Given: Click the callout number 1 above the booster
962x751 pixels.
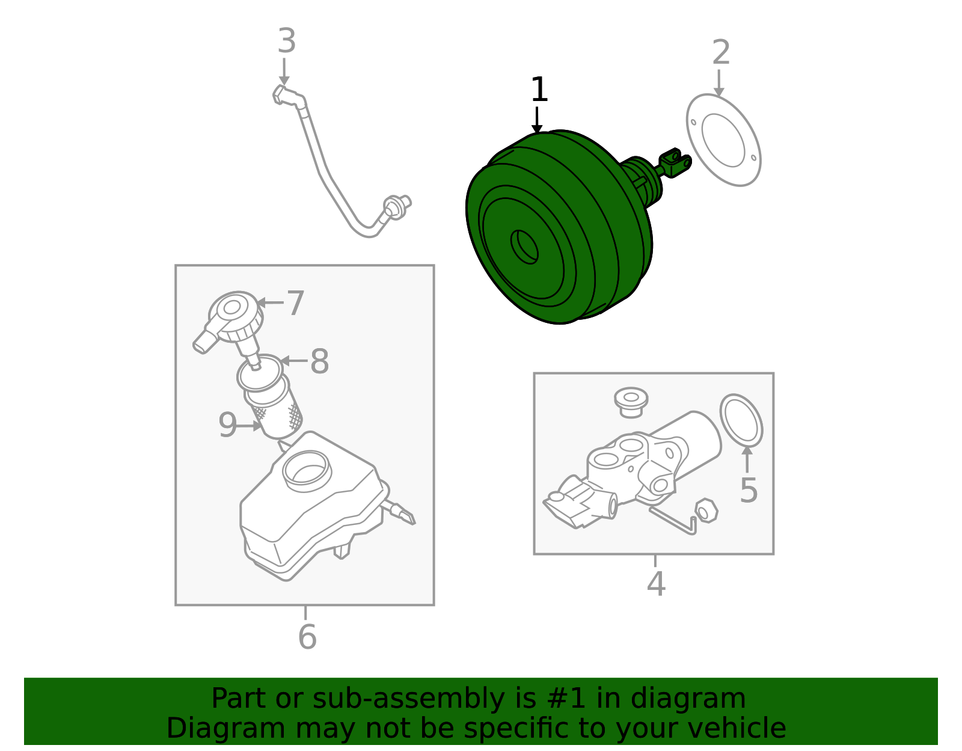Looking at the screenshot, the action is (539, 90).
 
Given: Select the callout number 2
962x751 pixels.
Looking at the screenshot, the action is (721, 52).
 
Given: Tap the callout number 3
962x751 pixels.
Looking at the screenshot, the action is (286, 41).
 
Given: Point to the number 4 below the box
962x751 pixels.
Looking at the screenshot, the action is (656, 584).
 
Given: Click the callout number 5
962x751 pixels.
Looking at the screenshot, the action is (749, 490).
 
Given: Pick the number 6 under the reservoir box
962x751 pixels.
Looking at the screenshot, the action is (307, 637).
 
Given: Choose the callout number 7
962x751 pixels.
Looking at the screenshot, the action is (295, 303).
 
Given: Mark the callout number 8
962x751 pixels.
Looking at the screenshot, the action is (319, 361).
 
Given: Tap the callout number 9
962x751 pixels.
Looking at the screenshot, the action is (227, 425).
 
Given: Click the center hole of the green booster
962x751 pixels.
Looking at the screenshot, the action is (524, 247).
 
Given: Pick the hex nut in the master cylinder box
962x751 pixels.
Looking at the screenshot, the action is (706, 510).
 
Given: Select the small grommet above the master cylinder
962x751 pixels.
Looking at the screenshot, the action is (631, 402).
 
